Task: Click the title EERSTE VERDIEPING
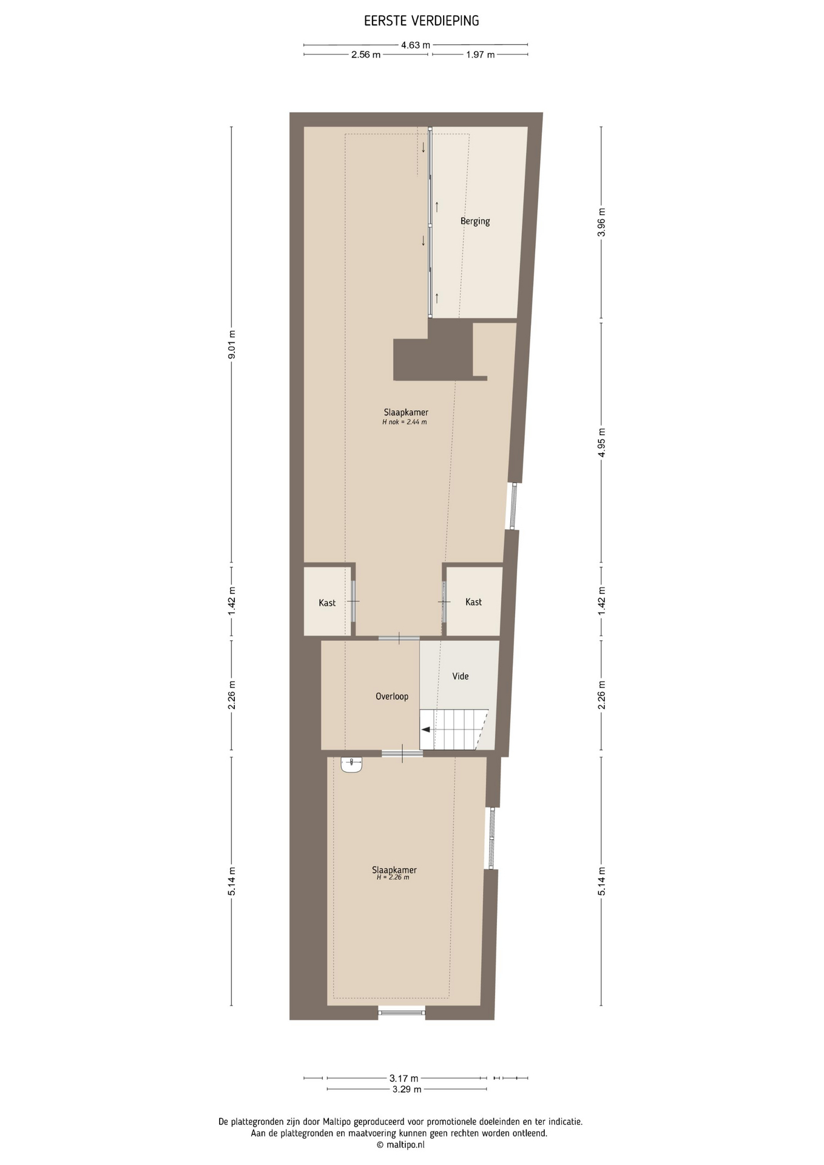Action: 421,21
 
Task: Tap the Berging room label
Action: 475,221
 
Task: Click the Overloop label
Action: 392,697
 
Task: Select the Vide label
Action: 461,676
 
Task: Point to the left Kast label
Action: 327,603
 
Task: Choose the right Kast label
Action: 473,602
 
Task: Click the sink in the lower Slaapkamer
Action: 351,765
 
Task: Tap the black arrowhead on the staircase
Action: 426,729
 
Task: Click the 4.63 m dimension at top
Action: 416,45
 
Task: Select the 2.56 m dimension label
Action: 366,55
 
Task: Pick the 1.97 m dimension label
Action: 480,55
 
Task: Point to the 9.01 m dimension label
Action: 231,345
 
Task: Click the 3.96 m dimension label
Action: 601,223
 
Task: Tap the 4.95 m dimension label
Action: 601,443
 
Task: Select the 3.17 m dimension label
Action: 404,1078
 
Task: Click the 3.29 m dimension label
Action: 407,1089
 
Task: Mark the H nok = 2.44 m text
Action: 404,422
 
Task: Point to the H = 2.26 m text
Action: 393,877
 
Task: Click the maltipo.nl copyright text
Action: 400,1145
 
